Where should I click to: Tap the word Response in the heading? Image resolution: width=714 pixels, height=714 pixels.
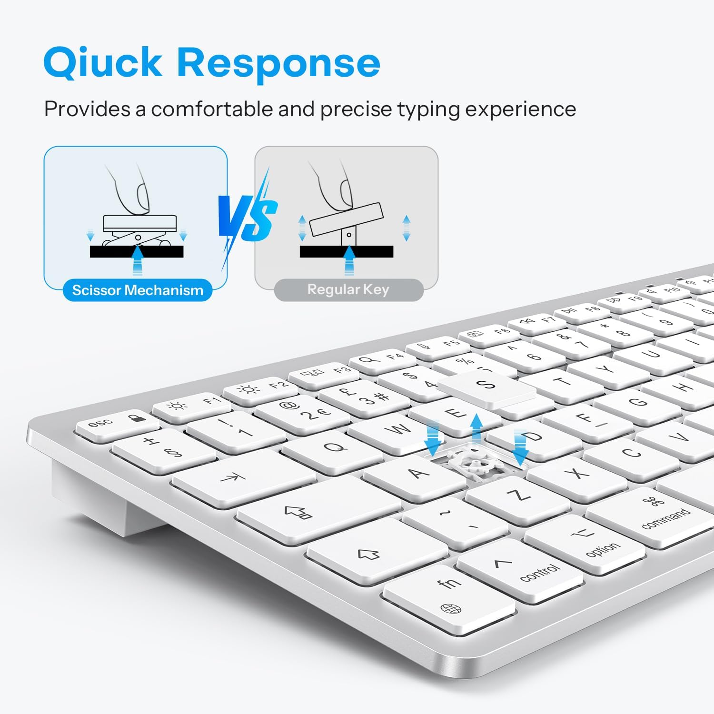tap(278, 63)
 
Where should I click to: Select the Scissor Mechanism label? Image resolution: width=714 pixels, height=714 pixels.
tap(138, 290)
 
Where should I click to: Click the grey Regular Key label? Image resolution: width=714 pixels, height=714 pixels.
tap(348, 289)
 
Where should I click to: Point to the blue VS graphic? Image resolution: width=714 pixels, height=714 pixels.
tap(248, 219)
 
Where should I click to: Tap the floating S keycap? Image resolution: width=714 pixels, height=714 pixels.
tap(486, 386)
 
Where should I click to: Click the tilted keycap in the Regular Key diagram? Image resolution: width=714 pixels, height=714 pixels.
tap(346, 219)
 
